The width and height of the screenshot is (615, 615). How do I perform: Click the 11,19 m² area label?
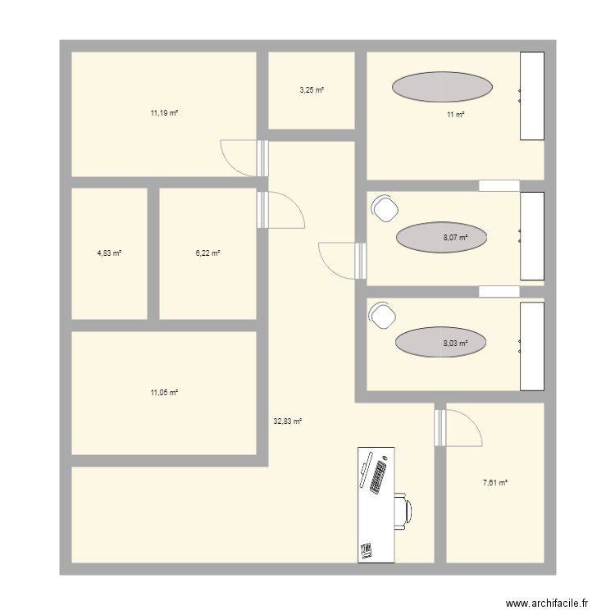click(x=164, y=113)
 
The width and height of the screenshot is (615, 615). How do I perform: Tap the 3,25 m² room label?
click(x=312, y=90)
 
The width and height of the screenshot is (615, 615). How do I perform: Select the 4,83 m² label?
click(x=109, y=253)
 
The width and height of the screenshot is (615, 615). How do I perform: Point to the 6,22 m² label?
click(x=207, y=253)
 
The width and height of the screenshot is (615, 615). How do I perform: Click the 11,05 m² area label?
click(x=164, y=393)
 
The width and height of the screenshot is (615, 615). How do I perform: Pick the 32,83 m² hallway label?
click(x=287, y=421)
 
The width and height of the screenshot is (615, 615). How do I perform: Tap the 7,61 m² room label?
click(x=494, y=483)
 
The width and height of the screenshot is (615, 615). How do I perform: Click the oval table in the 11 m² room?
click(x=442, y=86)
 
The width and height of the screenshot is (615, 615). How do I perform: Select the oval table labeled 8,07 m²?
click(x=442, y=238)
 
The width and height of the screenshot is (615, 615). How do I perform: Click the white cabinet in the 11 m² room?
click(x=532, y=95)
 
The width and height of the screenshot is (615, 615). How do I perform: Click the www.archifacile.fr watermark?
click(x=548, y=603)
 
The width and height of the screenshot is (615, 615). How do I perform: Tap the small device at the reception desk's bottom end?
click(x=367, y=549)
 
